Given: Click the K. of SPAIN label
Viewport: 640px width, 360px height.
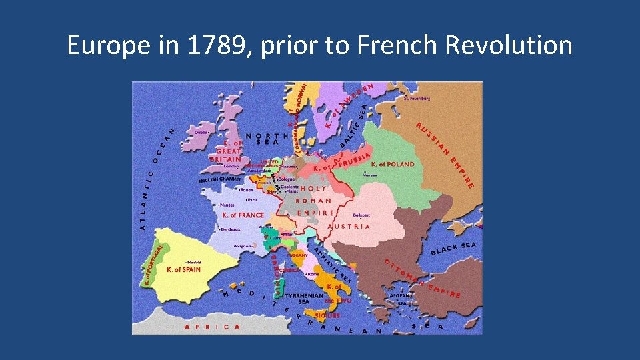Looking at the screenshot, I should (x=183, y=270).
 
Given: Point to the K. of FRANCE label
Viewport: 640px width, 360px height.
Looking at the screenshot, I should (x=243, y=215).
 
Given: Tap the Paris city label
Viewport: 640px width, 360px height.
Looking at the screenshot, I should (x=252, y=199).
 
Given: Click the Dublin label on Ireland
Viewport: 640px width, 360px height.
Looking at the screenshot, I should (x=201, y=132).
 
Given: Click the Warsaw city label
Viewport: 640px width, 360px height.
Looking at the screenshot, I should (x=370, y=175).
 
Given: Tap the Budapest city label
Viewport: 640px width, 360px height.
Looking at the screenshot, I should (x=362, y=215).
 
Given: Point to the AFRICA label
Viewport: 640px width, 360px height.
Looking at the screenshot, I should (x=213, y=327).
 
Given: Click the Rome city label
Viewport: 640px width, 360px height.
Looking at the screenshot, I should (x=313, y=274).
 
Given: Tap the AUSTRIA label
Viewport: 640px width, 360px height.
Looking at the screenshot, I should (x=349, y=227).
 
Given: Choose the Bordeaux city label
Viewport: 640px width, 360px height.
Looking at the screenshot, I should (x=230, y=229).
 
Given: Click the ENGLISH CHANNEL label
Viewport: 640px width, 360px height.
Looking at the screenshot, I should (x=219, y=180).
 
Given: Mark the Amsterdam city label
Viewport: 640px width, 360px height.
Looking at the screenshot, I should (x=255, y=171).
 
